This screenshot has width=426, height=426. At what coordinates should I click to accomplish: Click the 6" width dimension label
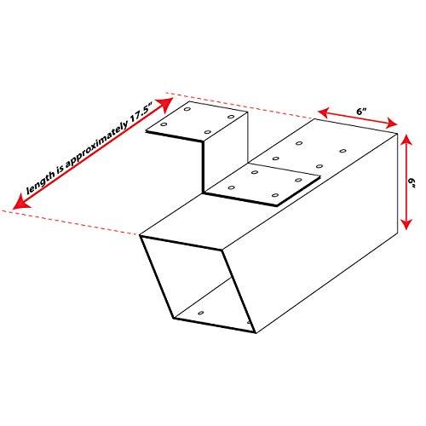pos(361,112)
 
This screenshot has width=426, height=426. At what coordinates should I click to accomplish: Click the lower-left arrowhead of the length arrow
pos(20,203)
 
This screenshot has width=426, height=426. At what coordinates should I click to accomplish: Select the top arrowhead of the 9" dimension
pos(406,141)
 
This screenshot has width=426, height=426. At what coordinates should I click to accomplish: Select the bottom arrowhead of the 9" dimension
pos(407,223)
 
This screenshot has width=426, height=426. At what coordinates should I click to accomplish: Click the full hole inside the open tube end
pos(201,313)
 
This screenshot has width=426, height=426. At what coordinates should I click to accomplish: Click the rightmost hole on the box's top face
pos(343,151)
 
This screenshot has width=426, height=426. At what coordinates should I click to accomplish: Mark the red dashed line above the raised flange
pos(240,105)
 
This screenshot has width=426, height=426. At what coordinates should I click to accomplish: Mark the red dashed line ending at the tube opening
pos(71,223)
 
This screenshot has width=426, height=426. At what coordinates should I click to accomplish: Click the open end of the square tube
pos(198,284)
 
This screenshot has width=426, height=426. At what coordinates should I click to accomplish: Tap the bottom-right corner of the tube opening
pos(256,332)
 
